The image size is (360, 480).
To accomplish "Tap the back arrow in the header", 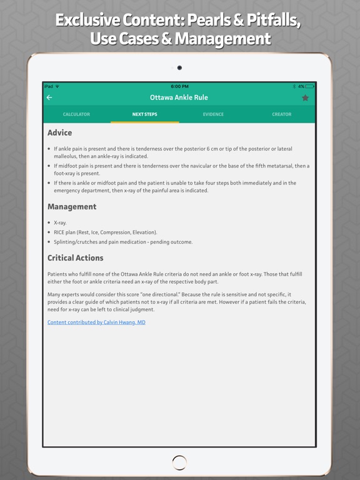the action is point(49,97).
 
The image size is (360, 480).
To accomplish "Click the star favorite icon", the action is point(305,97).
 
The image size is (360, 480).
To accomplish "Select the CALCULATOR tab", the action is point(76,114).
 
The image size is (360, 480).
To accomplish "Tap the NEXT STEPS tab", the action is point(144,114).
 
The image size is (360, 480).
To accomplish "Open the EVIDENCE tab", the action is point(213,114).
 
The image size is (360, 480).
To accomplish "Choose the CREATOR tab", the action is point(281,114).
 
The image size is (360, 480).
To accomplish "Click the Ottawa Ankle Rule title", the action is point(179,97).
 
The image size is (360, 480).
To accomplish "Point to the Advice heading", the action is point(59,132).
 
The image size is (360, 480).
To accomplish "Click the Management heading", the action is point(72,207).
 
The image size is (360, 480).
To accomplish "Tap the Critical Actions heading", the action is point(76,258).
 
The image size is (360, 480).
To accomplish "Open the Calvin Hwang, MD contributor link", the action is point(96,322).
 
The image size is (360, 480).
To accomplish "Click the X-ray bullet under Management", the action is point(61,222).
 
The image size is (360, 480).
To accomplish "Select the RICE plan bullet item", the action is point(105,232).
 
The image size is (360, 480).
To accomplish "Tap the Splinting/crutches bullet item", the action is point(123,242).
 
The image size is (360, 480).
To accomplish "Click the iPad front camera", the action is point(179,67).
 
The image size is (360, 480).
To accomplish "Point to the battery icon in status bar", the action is point(309,86).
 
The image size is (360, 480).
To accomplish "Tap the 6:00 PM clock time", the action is point(179,86).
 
